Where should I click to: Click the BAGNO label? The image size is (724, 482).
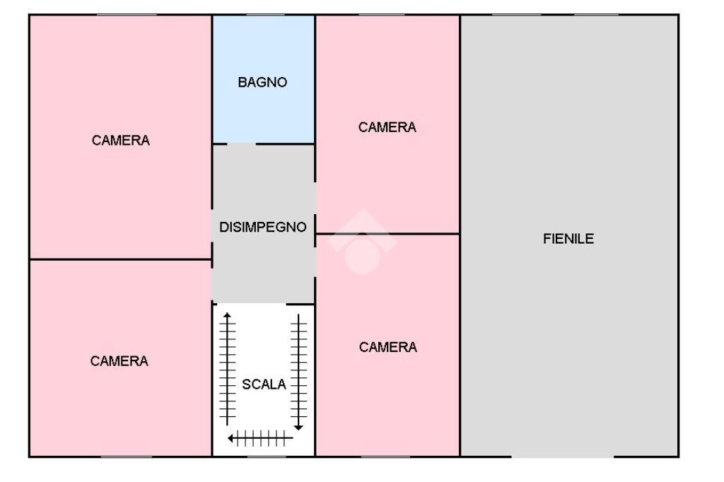pos(262,83)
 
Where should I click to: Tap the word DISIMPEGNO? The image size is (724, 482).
pos(263,228)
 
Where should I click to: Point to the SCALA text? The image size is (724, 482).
pos(264,384)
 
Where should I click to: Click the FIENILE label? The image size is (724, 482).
pos(568,239)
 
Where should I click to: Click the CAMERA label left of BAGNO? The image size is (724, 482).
pos(121,141)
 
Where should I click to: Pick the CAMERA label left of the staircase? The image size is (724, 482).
pos(119,361)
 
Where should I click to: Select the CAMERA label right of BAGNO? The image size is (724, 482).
pos(387,127)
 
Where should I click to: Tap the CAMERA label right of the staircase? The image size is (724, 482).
pos(388,347)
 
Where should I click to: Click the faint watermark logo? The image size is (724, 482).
pos(362,242)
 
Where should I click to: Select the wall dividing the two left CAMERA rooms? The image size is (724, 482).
pos(120,259)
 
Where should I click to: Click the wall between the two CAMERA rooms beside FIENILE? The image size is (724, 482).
pos(387,233)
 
